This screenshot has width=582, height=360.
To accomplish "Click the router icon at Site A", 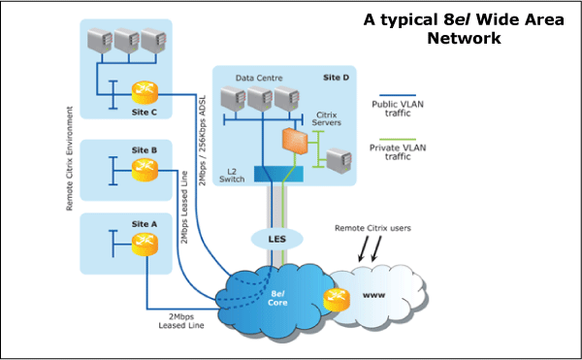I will point(144,244).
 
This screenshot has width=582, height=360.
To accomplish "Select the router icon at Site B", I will point(144,171).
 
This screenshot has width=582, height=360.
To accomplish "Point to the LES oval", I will point(276,237).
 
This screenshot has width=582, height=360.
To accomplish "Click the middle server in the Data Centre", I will point(258,98).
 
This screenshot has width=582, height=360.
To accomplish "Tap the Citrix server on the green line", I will point(336,160).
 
